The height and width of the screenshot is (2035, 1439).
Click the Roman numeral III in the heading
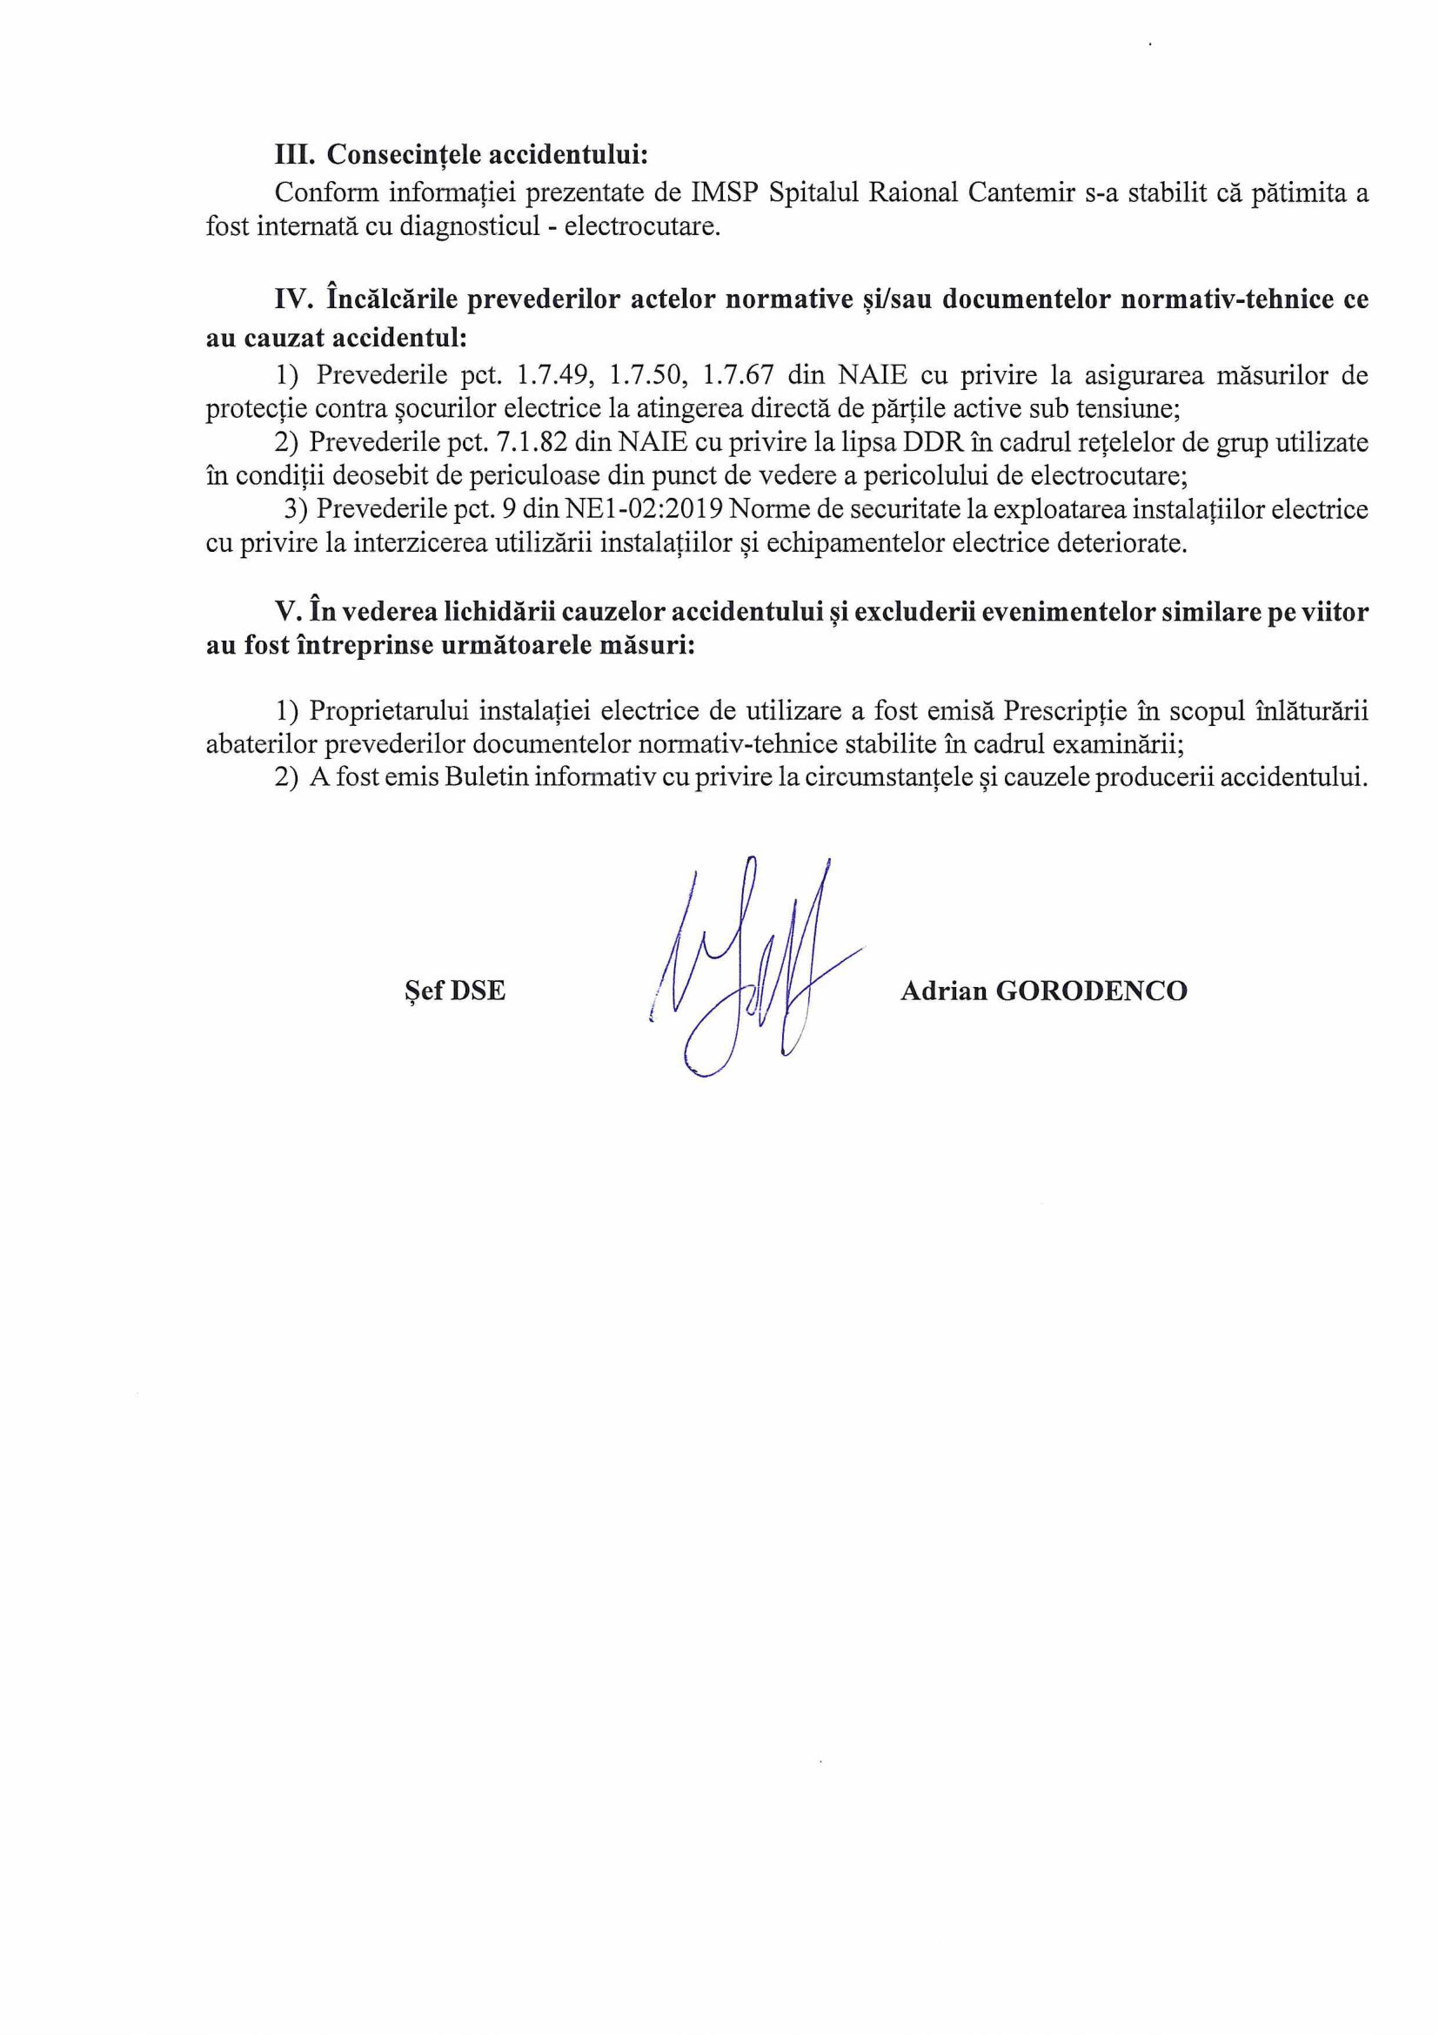click(294, 155)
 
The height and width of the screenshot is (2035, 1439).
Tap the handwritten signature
click(753, 966)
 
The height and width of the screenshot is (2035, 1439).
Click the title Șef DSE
click(454, 990)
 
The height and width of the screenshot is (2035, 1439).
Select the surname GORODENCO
click(1092, 990)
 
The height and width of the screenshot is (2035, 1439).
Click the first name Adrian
click(944, 990)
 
